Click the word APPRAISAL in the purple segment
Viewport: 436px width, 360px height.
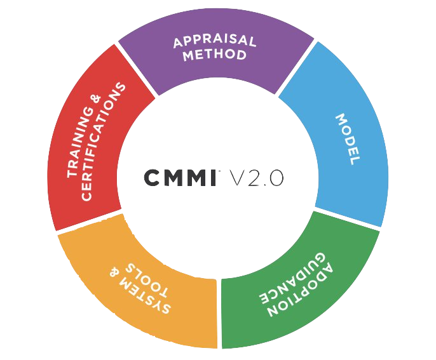[215, 41]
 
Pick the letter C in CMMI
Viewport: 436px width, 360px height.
[151, 177]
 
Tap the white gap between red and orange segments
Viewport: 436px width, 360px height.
[89, 222]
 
